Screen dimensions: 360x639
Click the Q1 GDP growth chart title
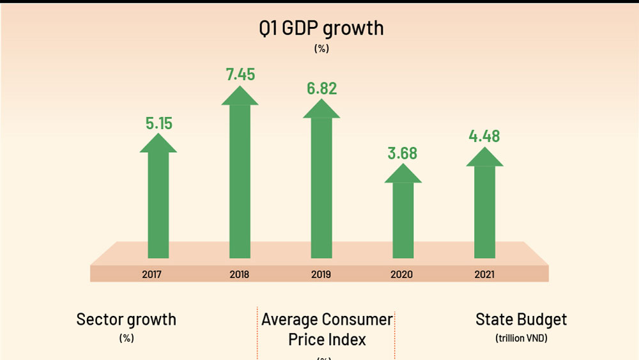[320, 28]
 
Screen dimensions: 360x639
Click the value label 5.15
[158, 123]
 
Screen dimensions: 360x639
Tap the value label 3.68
[403, 154]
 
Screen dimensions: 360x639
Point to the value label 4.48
[484, 136]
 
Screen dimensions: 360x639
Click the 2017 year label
[152, 275]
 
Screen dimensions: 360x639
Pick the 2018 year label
[238, 275]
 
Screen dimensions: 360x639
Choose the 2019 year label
[320, 275]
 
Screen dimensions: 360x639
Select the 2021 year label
[484, 275]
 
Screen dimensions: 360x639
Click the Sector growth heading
[126, 319]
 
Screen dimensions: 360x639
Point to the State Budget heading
[521, 319]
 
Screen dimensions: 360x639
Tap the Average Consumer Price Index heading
[327, 329]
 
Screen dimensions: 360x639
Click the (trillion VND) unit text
[521, 338]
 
